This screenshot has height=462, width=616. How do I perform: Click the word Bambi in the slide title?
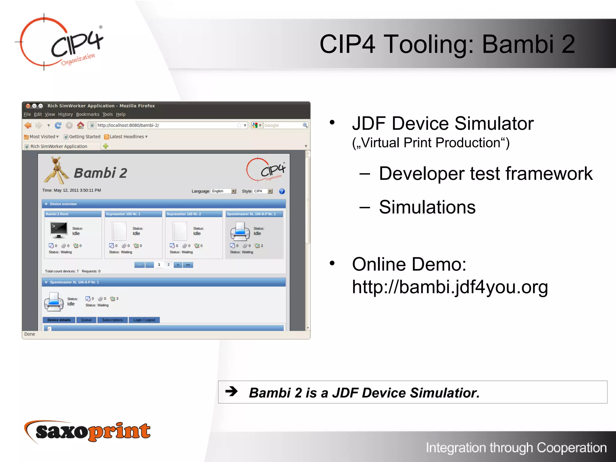pos(517,44)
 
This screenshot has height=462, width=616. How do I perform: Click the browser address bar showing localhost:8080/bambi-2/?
pos(165,125)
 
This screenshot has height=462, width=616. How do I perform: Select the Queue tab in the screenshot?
pos(86,320)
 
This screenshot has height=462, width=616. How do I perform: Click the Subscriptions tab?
pos(112,320)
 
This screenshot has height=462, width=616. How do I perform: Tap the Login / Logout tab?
pos(144,320)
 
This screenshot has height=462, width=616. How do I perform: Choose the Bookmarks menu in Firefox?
pos(88,114)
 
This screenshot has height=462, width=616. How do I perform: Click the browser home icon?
pos(80,125)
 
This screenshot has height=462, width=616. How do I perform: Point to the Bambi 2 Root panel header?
pos(73,214)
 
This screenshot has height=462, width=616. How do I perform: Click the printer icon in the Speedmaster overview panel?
pos(240,231)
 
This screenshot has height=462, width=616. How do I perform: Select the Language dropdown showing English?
pos(223,191)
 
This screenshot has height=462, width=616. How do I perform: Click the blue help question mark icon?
pos(282,191)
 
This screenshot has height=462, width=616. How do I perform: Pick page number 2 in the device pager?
pos(168,265)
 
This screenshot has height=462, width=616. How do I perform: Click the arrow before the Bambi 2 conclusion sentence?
pos(231,391)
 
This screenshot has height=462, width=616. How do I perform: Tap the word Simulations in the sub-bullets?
pos(427,207)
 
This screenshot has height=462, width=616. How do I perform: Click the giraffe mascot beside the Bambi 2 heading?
pos(56,171)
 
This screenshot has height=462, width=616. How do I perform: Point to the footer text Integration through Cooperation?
pos(516,448)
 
